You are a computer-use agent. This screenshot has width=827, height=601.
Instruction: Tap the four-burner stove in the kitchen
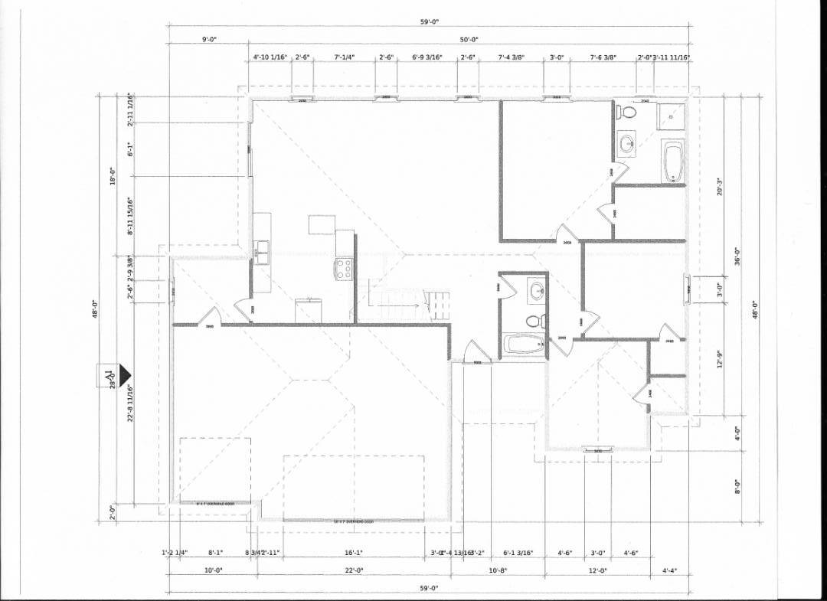344,269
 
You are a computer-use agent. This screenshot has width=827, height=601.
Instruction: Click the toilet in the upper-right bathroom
627,113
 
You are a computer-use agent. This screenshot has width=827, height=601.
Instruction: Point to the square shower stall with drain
673,117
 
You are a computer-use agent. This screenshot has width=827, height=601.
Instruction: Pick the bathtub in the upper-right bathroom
673,162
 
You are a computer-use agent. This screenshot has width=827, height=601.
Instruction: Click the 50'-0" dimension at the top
469,40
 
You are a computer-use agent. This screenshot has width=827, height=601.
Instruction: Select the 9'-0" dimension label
209,40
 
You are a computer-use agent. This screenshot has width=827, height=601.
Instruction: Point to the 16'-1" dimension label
353,552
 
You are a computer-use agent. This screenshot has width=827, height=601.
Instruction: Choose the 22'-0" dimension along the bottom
353,570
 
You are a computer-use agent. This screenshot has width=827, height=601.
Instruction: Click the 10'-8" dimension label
498,570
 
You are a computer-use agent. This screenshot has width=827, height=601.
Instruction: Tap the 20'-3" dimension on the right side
719,188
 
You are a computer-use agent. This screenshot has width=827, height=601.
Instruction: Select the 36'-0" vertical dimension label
737,255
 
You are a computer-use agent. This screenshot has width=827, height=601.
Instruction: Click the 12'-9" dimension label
719,358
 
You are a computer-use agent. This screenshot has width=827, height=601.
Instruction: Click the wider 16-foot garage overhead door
353,521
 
